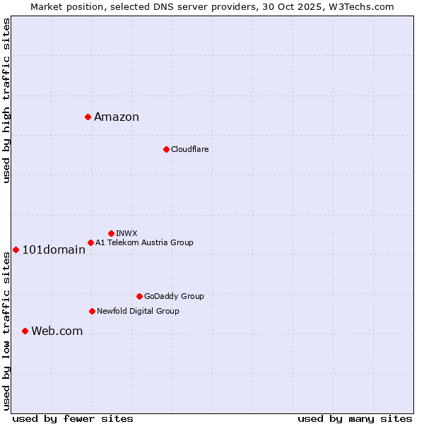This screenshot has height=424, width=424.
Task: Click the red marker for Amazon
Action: click(x=88, y=117)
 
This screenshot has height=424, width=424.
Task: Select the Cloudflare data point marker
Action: click(x=166, y=149)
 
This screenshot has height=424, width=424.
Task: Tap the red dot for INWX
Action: click(x=111, y=233)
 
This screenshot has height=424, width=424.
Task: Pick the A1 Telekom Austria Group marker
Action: click(x=90, y=242)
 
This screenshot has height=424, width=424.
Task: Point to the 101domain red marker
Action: click(x=16, y=249)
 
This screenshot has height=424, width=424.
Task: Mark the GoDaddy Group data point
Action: click(x=139, y=296)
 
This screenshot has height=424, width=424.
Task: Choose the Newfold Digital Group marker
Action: click(x=92, y=311)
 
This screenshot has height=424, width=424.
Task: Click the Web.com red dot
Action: click(x=25, y=331)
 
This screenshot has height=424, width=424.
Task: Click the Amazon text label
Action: click(x=117, y=117)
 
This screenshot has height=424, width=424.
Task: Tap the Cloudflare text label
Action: click(x=189, y=150)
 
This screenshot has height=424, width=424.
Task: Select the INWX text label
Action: click(x=126, y=233)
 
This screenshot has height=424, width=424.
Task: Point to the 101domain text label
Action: click(x=54, y=249)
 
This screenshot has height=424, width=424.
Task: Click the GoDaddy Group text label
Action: click(x=174, y=297)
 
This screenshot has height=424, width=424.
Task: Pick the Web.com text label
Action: click(x=57, y=331)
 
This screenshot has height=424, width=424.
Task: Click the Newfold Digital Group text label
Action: click(x=138, y=312)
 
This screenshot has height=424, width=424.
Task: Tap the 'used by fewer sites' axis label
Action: click(x=73, y=418)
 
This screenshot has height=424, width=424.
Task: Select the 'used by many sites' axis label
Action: click(x=355, y=418)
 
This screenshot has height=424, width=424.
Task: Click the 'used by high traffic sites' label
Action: click(x=6, y=100)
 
